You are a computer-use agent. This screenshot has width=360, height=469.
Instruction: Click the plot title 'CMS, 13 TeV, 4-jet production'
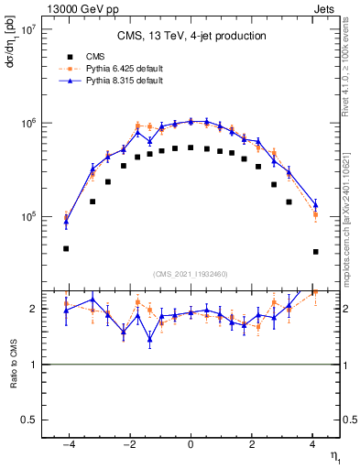(x=191, y=37)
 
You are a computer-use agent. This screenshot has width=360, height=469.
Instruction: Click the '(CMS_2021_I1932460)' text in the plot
(x=191, y=274)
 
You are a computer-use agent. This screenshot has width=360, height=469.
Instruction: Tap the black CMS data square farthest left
(x=66, y=248)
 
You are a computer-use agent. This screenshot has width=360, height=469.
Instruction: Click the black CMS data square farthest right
(x=315, y=251)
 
